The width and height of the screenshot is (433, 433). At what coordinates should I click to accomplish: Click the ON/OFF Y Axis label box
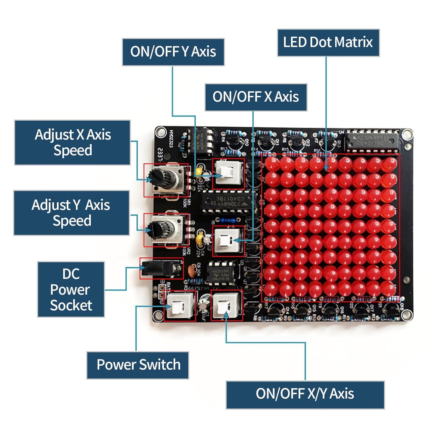(x=173, y=52)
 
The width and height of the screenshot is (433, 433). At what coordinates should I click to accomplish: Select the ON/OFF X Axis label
(x=256, y=97)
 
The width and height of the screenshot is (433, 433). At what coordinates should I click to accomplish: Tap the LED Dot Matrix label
(x=328, y=42)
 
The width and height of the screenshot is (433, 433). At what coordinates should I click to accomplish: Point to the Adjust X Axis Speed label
(x=72, y=143)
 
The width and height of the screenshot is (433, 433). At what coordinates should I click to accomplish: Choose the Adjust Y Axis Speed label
(x=71, y=213)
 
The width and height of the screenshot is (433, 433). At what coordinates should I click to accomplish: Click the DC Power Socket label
(x=71, y=290)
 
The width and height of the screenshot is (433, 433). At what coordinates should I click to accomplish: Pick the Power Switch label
(x=138, y=365)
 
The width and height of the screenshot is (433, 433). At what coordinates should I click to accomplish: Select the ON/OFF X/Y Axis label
(x=305, y=394)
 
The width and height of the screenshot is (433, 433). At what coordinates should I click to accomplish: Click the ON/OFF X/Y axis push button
(x=226, y=306)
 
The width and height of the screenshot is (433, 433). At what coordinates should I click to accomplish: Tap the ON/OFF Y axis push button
(x=228, y=174)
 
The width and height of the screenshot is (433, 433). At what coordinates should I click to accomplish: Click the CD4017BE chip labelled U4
(x=373, y=141)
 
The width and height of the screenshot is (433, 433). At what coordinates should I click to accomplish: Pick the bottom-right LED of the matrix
(x=390, y=289)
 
